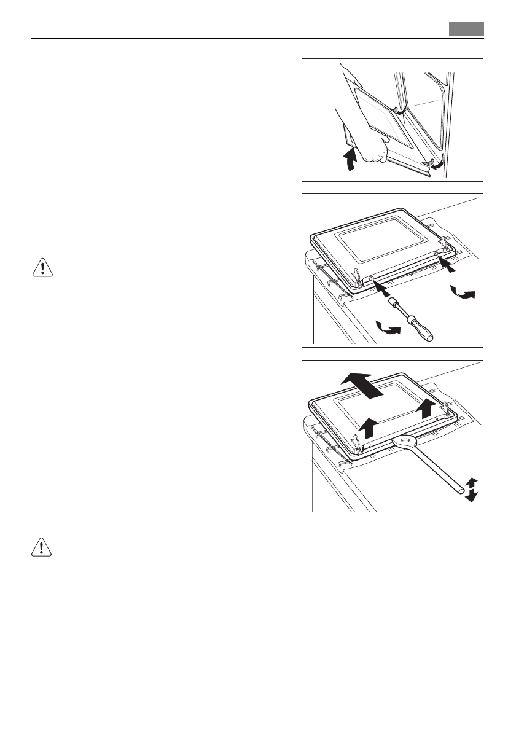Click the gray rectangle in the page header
coord(466,29)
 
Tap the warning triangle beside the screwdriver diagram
coord(41,269)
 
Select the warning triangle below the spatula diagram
coord(41,548)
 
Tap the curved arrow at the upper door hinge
coord(400,111)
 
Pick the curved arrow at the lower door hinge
coord(438,165)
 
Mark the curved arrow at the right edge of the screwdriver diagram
coord(462,292)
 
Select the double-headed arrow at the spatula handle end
coord(471,489)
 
